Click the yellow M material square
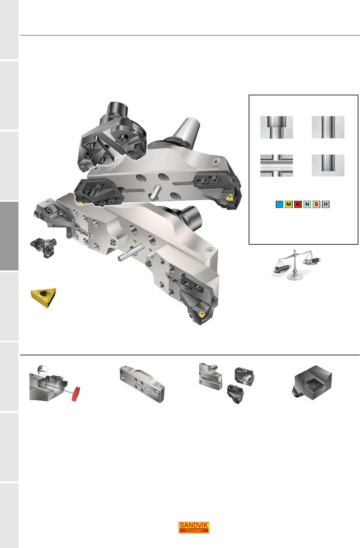[288, 204]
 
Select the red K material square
[298, 204]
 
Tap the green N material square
[307, 204]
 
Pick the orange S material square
[316, 204]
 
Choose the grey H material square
[325, 204]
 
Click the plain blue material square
[279, 204]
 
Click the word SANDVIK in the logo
[194, 525]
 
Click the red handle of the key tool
[76, 394]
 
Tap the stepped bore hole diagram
[277, 127]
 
